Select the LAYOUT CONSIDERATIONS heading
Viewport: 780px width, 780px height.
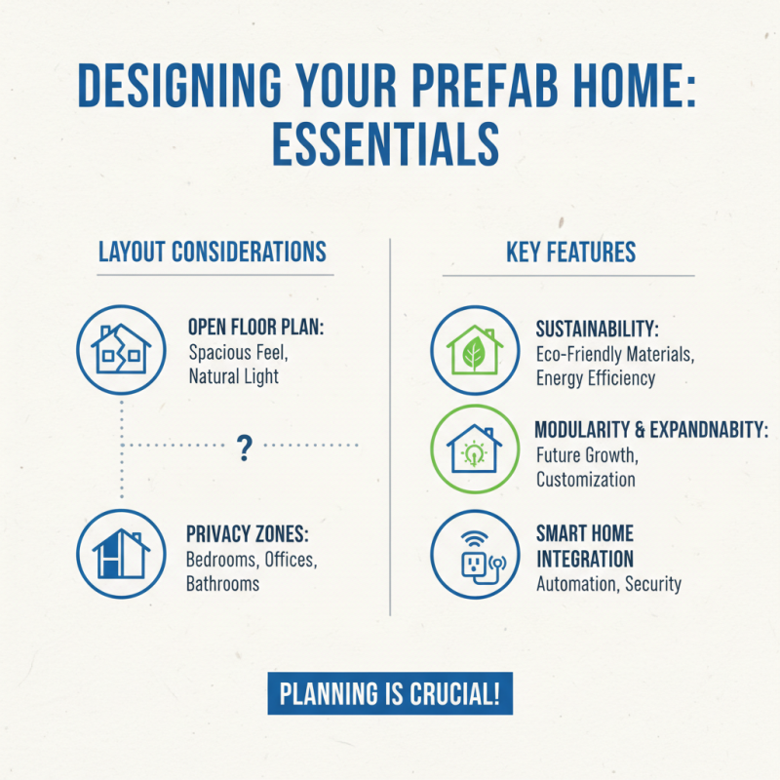[x=213, y=252]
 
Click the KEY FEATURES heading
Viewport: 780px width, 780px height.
[x=570, y=252]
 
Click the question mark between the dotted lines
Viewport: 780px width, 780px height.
[x=245, y=448]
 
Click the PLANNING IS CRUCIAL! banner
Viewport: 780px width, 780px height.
[x=390, y=694]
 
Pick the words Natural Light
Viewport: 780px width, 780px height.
[x=233, y=375]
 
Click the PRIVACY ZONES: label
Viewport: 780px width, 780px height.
[x=247, y=535]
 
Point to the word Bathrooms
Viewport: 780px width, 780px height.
[x=222, y=583]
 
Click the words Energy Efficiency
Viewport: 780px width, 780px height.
[x=596, y=377]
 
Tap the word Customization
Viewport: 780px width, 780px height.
[x=585, y=479]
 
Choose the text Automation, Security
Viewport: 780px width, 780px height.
[x=608, y=584]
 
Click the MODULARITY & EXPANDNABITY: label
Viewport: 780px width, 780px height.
[x=651, y=430]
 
